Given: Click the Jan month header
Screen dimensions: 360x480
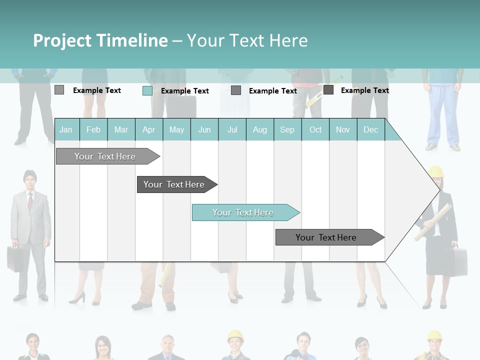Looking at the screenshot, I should point(66,129).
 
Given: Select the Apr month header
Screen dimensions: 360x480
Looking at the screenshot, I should point(148,129).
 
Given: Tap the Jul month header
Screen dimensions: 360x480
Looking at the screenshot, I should point(232,129).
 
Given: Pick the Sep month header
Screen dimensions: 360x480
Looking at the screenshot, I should point(287,129).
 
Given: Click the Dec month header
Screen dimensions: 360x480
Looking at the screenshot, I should point(370,129).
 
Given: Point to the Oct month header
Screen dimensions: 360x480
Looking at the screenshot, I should point(315,129).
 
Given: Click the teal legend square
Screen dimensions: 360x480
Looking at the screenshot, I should point(147,90).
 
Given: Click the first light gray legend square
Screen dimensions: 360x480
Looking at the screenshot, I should point(59,90).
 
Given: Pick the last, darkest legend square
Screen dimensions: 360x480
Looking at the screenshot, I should point(328,90).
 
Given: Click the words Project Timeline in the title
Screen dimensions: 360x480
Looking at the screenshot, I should point(100,40).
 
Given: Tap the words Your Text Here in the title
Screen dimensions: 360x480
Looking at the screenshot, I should point(247,40).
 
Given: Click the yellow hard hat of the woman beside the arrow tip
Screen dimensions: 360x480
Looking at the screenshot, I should point(436,171).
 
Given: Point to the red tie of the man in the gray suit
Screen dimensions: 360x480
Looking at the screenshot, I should point(30,201).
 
